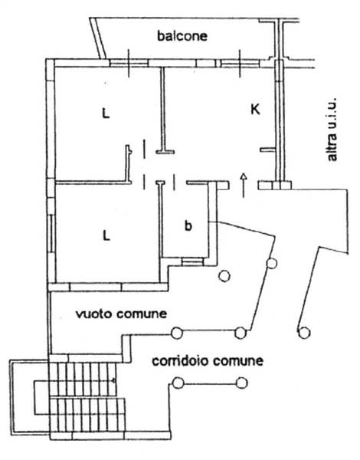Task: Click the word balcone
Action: (x=182, y=36)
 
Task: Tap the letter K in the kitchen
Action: (x=255, y=110)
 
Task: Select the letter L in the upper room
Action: (x=106, y=113)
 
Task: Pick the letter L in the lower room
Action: (x=106, y=235)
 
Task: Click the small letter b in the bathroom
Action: (x=188, y=225)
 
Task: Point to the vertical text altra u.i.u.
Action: (x=332, y=130)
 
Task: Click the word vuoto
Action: (x=93, y=314)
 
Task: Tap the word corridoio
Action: (x=181, y=360)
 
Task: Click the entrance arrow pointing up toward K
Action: (x=244, y=186)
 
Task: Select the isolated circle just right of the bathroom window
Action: (x=224, y=275)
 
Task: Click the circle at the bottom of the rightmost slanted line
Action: (x=304, y=333)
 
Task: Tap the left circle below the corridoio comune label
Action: (x=178, y=383)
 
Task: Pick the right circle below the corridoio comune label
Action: (x=242, y=383)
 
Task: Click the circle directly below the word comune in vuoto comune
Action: (x=177, y=333)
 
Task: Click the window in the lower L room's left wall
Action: (x=51, y=233)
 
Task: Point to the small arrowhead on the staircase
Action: (x=113, y=381)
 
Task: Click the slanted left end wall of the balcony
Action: (x=98, y=38)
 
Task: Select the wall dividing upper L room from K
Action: (x=162, y=109)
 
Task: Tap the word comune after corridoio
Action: (x=238, y=360)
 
